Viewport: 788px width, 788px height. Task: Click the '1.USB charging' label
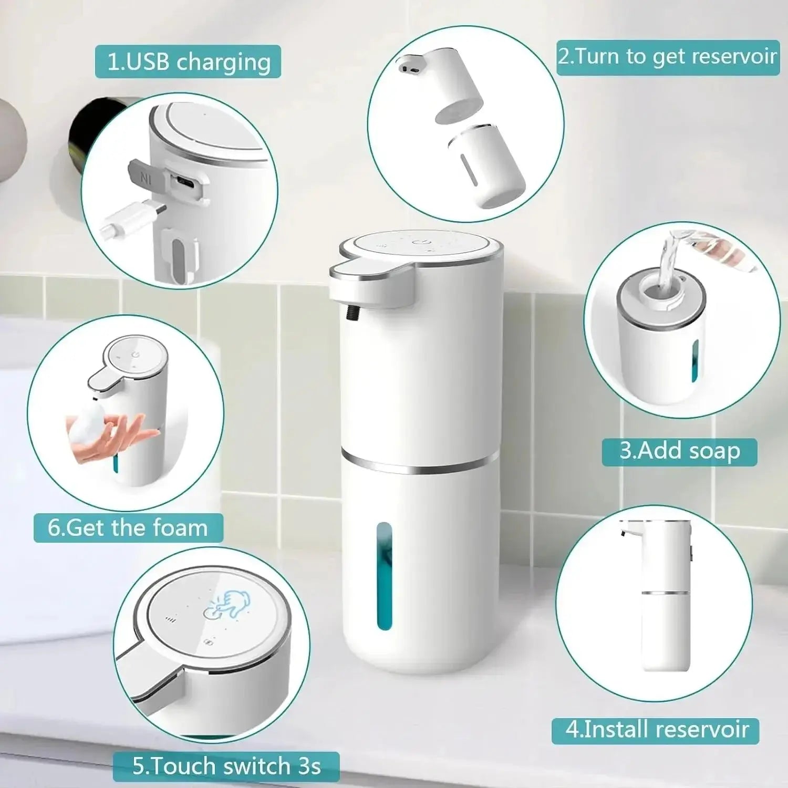tap(188, 62)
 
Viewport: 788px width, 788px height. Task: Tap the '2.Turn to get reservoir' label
tap(667, 57)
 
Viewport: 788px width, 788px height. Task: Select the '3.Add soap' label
tap(679, 452)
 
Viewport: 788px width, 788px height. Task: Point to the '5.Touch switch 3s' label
tap(226, 766)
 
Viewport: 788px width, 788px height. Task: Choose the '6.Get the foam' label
tap(128, 528)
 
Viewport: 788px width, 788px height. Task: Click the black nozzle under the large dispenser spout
tap(350, 313)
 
